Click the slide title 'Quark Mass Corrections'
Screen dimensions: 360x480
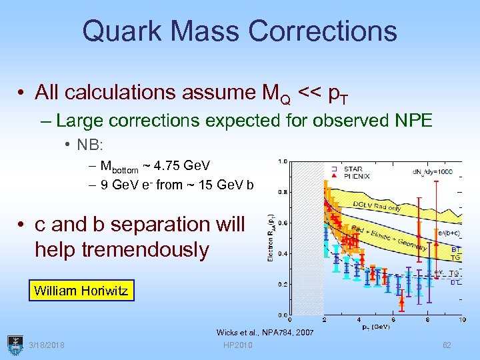[239, 31]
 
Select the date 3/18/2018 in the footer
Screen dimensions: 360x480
[48, 345]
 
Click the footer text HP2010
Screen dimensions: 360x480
[238, 345]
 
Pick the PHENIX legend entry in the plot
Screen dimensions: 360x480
[356, 176]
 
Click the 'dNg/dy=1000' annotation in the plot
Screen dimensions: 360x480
[431, 171]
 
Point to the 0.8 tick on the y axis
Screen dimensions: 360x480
[283, 191]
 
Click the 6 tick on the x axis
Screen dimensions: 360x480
[393, 321]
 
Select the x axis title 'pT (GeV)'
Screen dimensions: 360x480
[375, 328]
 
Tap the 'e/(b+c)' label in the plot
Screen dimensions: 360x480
[448, 233]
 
